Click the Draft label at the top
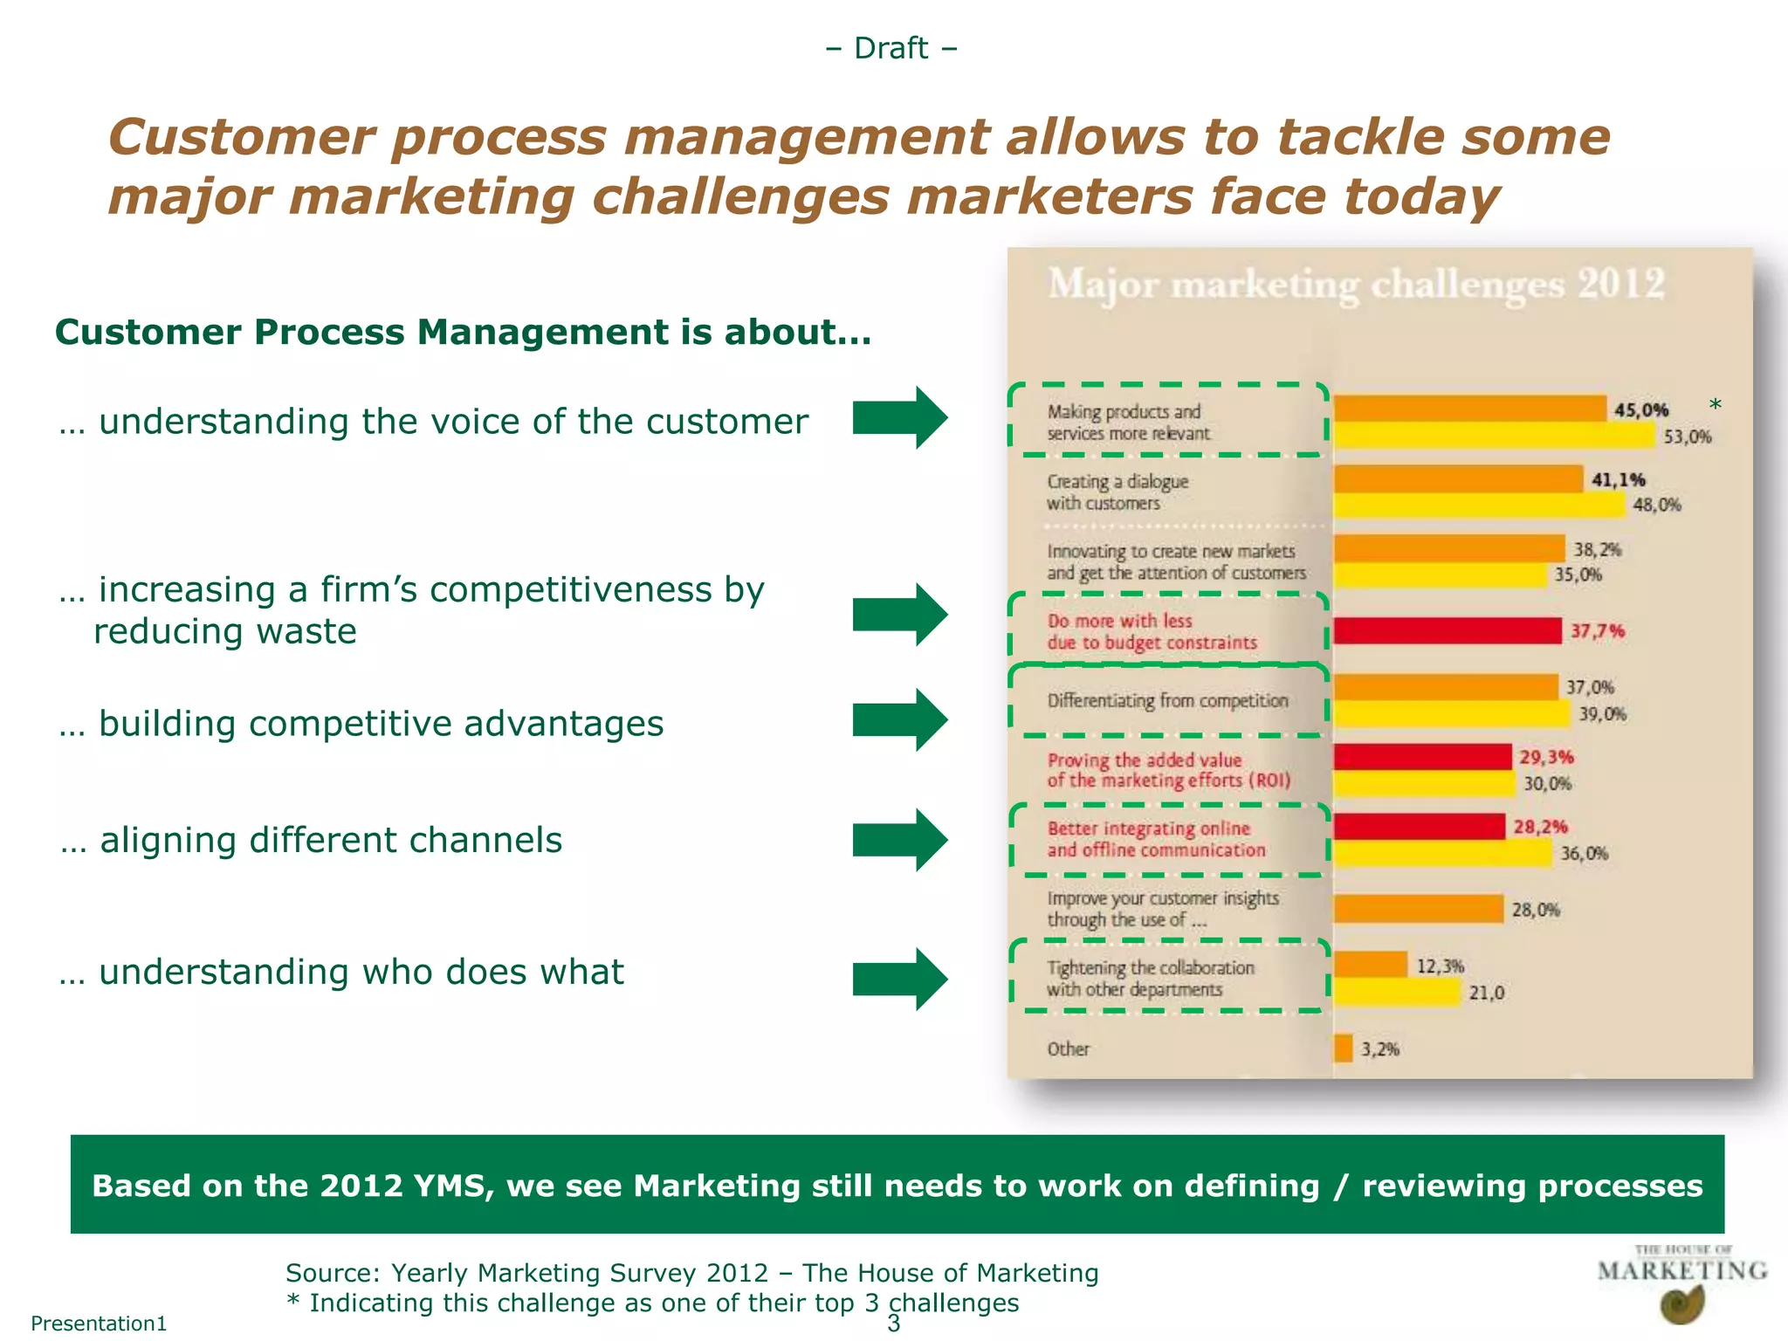point(891,48)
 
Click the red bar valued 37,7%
point(1447,630)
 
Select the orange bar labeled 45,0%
point(1469,409)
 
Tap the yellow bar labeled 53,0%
point(1494,435)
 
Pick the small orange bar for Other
point(1343,1049)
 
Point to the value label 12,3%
point(1440,966)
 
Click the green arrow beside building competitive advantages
point(899,720)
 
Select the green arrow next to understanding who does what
point(899,979)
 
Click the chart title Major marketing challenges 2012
point(1356,285)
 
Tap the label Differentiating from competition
point(1167,701)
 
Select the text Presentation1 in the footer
point(99,1324)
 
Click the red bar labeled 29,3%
point(1422,757)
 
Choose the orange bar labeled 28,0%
point(1418,909)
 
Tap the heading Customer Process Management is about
point(463,333)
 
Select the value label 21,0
point(1486,993)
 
